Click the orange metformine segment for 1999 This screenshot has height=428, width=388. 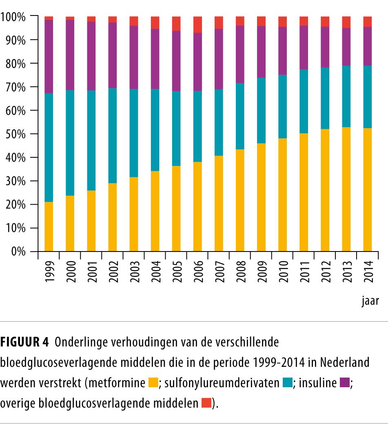pyautogui.click(x=49, y=226)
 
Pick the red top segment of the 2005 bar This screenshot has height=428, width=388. pyautogui.click(x=176, y=24)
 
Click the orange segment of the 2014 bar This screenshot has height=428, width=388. pyautogui.click(x=368, y=190)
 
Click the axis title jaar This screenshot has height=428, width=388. pyautogui.click(x=370, y=302)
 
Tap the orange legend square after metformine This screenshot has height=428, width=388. pyautogui.click(x=153, y=383)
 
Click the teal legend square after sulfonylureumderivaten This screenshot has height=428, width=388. pyautogui.click(x=287, y=383)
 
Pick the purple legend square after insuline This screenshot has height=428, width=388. pyautogui.click(x=344, y=383)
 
